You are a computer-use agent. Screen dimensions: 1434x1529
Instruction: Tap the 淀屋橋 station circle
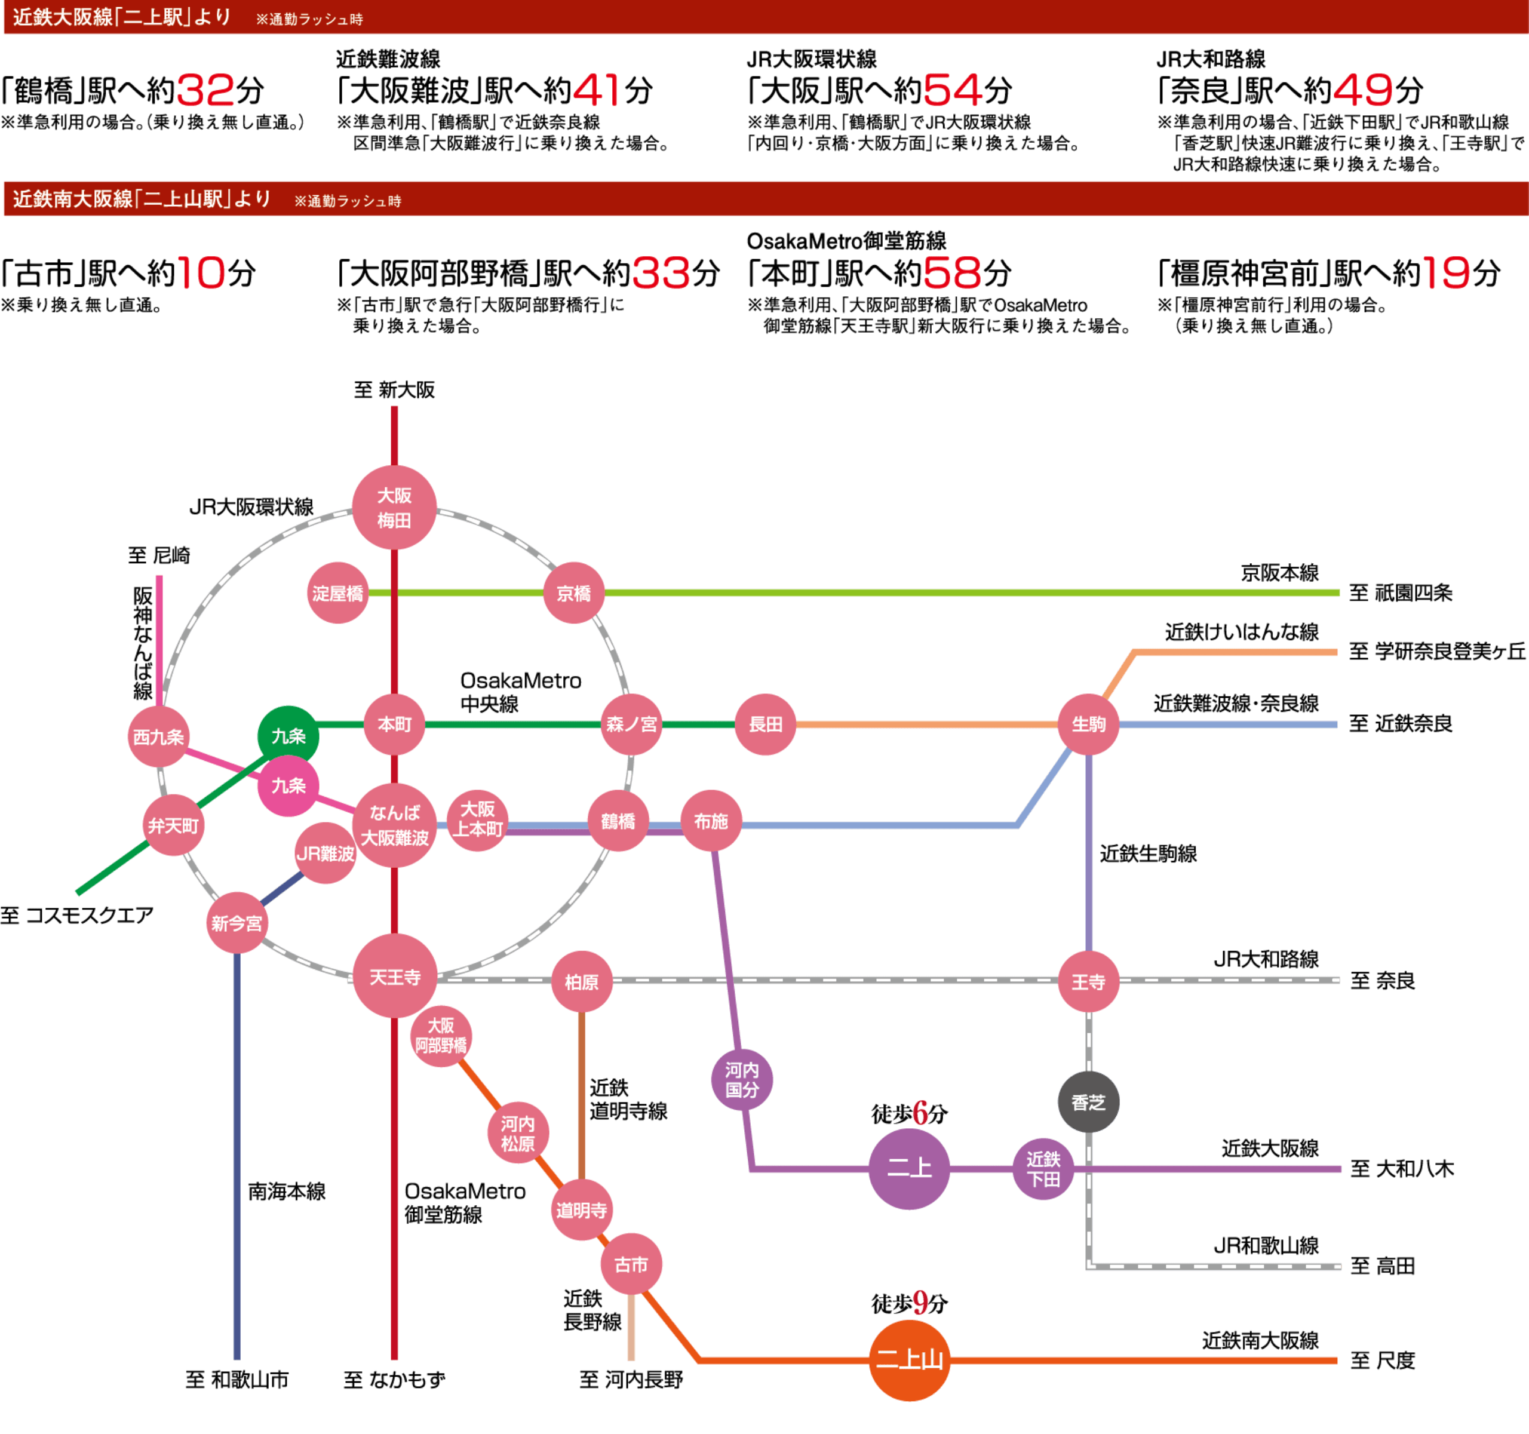pyautogui.click(x=337, y=593)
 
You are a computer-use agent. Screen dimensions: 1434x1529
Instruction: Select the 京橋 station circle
pyautogui.click(x=574, y=593)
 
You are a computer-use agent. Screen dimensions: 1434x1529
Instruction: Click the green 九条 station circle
pyautogui.click(x=288, y=736)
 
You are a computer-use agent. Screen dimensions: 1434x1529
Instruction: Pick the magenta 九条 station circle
pyautogui.click(x=288, y=785)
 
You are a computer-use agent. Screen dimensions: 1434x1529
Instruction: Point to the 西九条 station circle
pyautogui.click(x=158, y=736)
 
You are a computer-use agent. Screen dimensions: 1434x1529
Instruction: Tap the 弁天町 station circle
pyautogui.click(x=174, y=825)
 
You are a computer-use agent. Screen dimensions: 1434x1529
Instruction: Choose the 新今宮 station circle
pyautogui.click(x=237, y=923)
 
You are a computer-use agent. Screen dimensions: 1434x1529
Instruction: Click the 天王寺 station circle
pyautogui.click(x=395, y=977)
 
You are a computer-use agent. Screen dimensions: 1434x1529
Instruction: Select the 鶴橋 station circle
pyautogui.click(x=618, y=821)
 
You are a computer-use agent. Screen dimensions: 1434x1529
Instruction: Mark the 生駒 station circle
pyautogui.click(x=1088, y=724)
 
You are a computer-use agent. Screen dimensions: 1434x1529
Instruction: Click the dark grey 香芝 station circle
pyautogui.click(x=1088, y=1102)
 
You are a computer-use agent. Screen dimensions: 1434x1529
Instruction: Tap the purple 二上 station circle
pyautogui.click(x=909, y=1169)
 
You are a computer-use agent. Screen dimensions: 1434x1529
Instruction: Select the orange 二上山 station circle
pyautogui.click(x=909, y=1360)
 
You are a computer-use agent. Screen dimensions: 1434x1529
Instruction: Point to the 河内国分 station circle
pyautogui.click(x=741, y=1080)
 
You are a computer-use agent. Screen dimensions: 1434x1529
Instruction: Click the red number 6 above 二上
pyautogui.click(x=920, y=1113)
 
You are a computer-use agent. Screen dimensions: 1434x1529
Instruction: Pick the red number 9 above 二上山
pyautogui.click(x=920, y=1303)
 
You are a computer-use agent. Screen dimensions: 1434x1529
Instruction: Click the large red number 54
pyautogui.click(x=953, y=91)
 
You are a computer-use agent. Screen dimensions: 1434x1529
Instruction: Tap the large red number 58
pyautogui.click(x=952, y=273)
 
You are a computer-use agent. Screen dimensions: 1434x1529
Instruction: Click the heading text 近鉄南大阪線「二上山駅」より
pyautogui.click(x=142, y=199)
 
